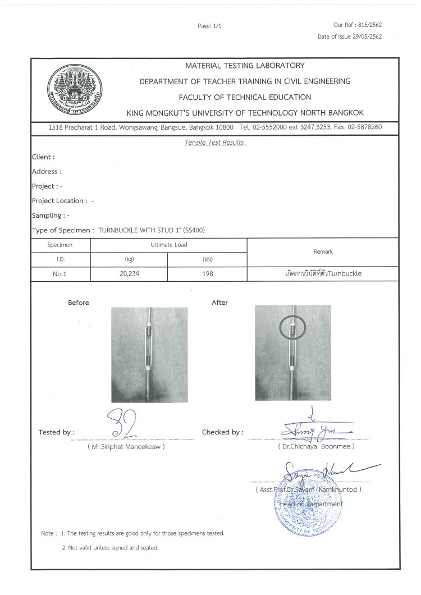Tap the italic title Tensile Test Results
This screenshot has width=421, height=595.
214,143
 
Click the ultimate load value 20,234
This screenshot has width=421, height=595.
129,275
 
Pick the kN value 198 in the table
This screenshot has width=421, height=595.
207,275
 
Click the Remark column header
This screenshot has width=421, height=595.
324,252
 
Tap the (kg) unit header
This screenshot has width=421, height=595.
129,259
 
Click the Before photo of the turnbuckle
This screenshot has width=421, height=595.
149,354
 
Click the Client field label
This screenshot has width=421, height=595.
43,157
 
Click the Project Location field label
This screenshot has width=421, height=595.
59,200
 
